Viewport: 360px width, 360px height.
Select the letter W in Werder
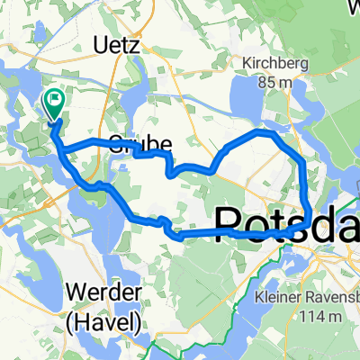pyautogui.click(x=72, y=293)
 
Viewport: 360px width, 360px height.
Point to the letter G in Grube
pyautogui.click(x=114, y=142)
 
